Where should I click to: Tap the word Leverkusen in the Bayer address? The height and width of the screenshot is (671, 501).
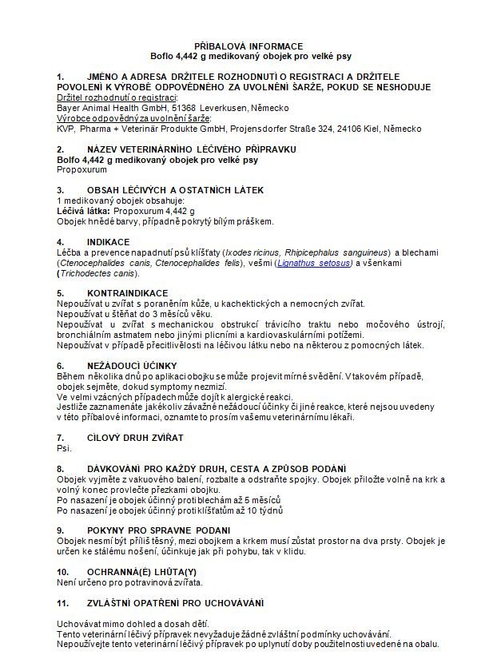(223, 108)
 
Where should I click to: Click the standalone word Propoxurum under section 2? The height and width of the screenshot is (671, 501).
(82, 170)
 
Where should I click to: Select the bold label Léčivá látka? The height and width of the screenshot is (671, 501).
(83, 211)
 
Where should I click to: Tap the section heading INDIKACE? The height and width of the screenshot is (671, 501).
(108, 241)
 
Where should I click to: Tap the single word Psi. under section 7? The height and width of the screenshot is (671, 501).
(65, 448)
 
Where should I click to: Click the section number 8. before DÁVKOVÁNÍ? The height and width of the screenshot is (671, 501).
(60, 468)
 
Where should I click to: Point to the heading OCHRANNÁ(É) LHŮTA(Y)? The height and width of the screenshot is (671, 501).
(141, 572)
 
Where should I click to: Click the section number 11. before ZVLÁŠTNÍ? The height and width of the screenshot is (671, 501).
(62, 602)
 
